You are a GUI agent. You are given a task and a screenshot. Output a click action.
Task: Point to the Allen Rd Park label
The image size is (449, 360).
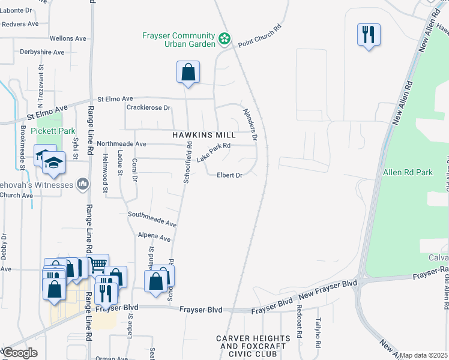[x=408, y=173]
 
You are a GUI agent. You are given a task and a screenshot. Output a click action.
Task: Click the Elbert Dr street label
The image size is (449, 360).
[x=230, y=175]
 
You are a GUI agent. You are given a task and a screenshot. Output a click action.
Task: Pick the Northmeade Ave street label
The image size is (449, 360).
[x=122, y=144]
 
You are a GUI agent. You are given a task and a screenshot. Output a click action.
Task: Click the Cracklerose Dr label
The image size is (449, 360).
[x=149, y=108]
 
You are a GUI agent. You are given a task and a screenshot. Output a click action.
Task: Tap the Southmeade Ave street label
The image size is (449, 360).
[x=152, y=218]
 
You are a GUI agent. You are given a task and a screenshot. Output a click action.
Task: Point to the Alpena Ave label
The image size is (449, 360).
[x=151, y=237]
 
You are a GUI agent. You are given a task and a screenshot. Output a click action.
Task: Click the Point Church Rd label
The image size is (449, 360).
[x=260, y=37]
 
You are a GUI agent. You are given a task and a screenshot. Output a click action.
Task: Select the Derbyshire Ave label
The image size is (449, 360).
[x=41, y=52]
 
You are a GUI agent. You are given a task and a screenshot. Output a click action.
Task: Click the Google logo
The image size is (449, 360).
[x=20, y=353]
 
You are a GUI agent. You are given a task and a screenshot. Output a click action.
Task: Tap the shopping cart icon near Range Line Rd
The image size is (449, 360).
[x=98, y=265]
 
